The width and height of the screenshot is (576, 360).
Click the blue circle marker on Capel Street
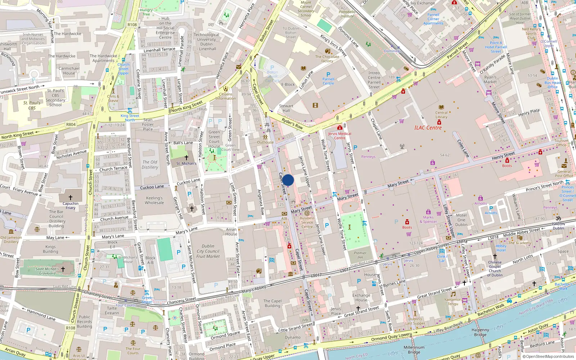coord(288,180)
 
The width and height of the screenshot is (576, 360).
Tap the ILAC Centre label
coord(428,128)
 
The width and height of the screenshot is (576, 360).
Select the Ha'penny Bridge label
coord(480,332)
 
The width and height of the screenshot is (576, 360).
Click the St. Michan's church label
coord(186,163)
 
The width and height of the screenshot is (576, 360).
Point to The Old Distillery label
coord(150,165)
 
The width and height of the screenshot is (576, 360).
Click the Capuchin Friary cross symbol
coord(71,198)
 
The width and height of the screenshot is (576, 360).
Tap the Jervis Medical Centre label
coord(339,136)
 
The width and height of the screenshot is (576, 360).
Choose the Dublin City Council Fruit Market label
coord(208,251)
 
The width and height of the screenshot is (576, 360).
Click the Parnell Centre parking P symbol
coord(328,75)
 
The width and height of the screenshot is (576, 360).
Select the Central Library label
coord(441,115)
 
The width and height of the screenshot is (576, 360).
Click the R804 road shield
coord(71,125)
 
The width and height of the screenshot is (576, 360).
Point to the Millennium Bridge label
coord(414,350)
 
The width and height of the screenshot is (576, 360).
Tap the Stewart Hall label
coord(286,108)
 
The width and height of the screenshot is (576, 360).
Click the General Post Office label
coord(564,174)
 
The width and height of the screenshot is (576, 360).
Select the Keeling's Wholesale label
coord(154,200)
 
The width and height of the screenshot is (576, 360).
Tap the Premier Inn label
coord(360,255)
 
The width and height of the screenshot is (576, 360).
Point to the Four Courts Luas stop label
coord(126,305)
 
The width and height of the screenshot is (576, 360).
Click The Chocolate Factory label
coord(327,59)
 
